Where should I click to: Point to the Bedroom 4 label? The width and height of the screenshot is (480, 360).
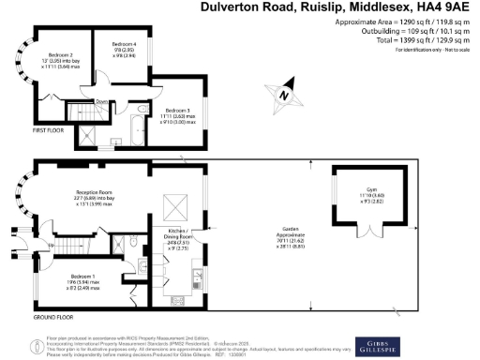pyautogui.click(x=124, y=49)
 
